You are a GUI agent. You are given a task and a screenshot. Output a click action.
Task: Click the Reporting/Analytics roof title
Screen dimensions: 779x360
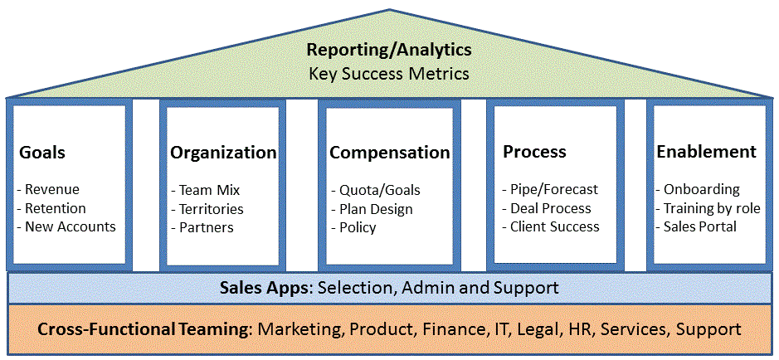point(389,50)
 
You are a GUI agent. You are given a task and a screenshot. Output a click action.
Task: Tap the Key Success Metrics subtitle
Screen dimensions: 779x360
point(389,74)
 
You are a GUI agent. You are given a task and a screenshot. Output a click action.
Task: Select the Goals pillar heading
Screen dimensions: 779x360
point(42,153)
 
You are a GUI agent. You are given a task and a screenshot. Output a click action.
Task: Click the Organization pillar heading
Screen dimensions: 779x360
point(223,153)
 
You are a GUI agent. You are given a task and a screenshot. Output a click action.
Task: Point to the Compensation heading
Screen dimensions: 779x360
point(390,153)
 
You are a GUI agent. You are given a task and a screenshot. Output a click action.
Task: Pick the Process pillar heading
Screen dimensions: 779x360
point(534,152)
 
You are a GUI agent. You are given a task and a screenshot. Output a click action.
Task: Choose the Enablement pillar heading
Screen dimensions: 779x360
point(707,152)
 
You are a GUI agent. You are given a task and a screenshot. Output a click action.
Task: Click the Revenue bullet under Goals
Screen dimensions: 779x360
point(48,189)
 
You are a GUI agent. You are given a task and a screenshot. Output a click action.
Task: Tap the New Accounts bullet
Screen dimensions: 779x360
point(66,227)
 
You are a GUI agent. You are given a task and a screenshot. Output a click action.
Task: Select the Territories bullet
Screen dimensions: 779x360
point(207,208)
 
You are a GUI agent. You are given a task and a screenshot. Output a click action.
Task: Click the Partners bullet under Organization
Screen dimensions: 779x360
point(202,227)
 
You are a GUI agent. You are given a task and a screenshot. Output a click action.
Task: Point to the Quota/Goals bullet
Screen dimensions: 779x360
point(376,190)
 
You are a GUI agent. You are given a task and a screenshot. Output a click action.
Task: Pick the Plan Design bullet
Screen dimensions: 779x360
point(372,209)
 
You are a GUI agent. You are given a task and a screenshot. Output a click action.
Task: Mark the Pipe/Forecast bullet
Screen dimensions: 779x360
point(550,189)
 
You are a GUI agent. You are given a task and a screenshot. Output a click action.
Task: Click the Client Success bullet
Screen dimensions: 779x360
point(551,227)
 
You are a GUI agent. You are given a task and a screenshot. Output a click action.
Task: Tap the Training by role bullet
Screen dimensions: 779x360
point(708,208)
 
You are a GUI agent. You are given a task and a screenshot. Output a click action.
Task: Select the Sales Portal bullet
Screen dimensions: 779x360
point(696,227)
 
